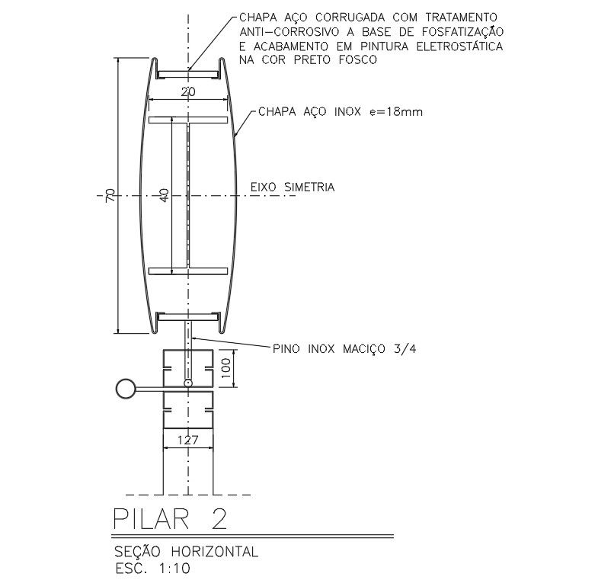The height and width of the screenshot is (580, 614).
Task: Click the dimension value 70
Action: click(110, 196)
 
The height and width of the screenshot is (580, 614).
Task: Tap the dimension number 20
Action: click(188, 91)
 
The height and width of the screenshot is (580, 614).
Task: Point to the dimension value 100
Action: click(225, 369)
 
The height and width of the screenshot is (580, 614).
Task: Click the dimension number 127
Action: click(188, 440)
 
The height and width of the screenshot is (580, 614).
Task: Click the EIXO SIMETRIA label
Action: click(293, 186)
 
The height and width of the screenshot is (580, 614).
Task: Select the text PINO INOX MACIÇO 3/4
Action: click(345, 349)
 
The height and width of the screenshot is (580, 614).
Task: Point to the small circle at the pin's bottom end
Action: click(188, 382)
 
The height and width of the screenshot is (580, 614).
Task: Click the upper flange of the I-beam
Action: click(188, 120)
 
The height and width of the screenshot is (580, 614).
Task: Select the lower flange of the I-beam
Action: click(188, 271)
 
